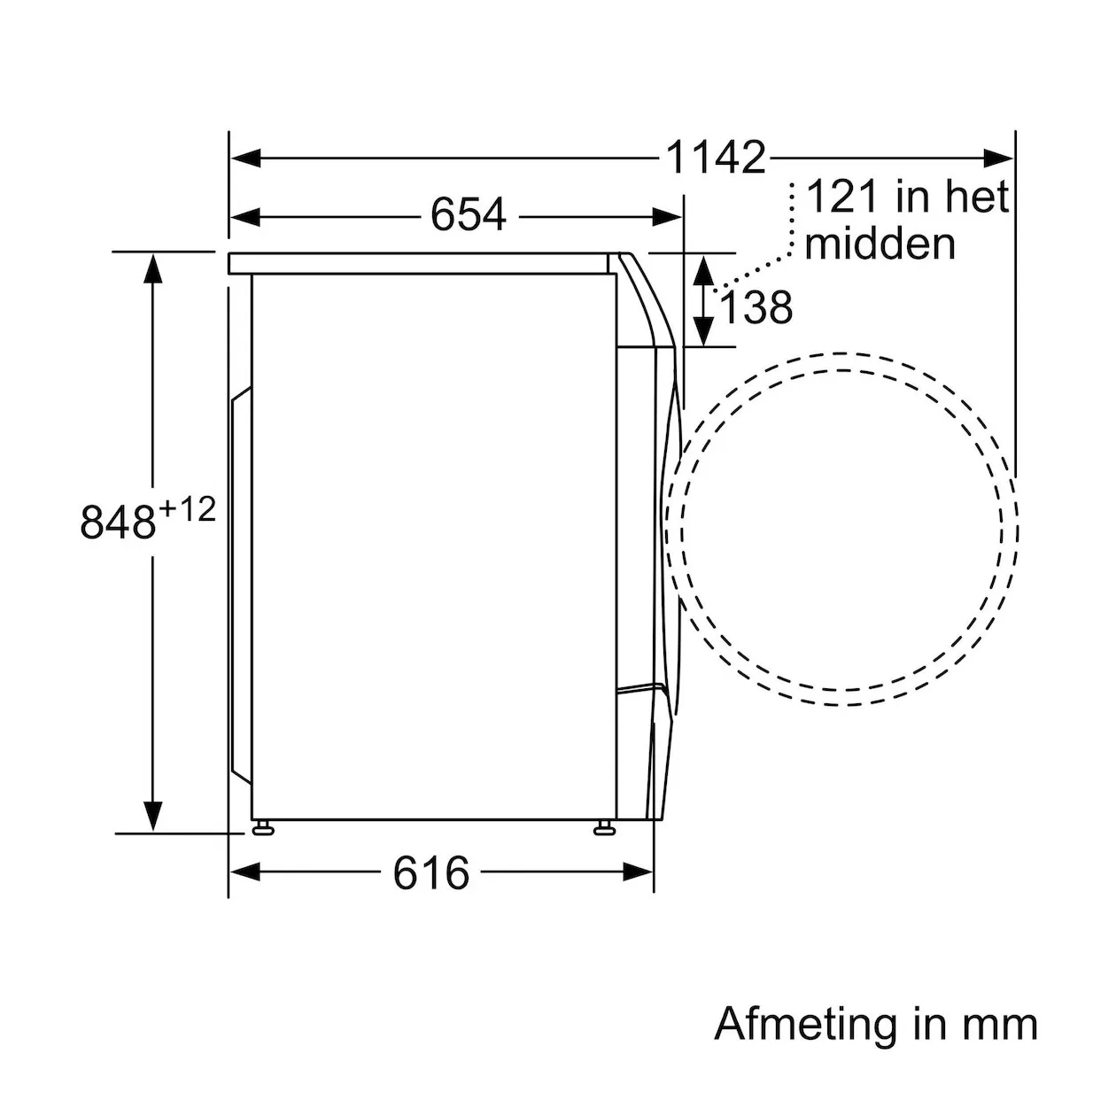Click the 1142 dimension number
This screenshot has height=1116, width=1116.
tap(716, 157)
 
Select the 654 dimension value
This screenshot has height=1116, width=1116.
tap(468, 215)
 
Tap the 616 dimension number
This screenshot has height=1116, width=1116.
tap(430, 872)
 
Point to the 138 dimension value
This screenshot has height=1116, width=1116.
tap(756, 307)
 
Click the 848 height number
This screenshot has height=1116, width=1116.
tap(118, 522)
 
